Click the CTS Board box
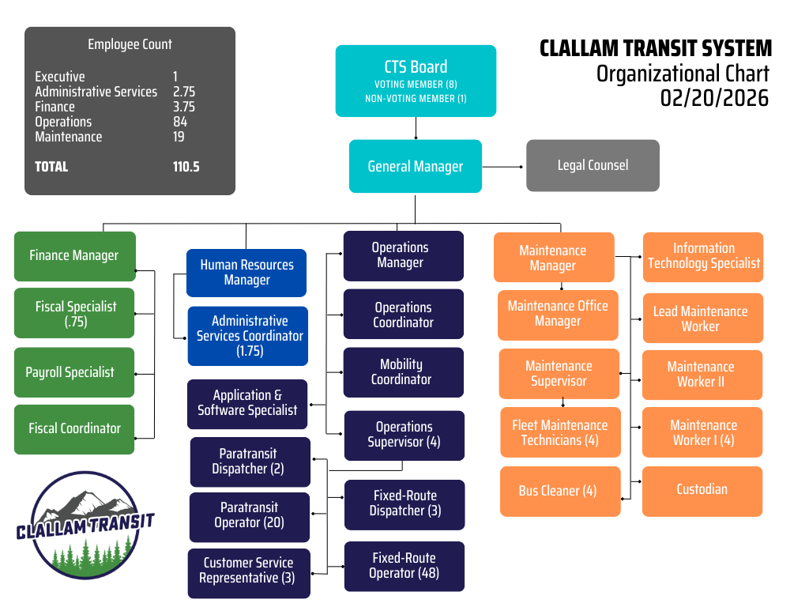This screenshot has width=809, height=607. click(x=416, y=81)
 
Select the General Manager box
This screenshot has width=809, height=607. click(x=416, y=166)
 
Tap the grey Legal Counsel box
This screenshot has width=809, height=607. click(x=593, y=165)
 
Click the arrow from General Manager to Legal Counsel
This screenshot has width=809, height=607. click(x=503, y=167)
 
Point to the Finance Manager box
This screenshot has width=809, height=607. click(x=75, y=255)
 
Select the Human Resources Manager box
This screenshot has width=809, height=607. click(x=246, y=273)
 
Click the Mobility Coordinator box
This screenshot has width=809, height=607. click(x=403, y=372)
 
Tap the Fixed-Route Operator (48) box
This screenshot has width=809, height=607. click(x=404, y=566)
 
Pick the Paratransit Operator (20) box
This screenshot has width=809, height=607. click(x=250, y=515)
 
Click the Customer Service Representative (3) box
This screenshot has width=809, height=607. click(x=248, y=571)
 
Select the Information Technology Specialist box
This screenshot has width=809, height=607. click(x=703, y=256)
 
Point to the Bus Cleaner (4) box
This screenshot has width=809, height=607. click(x=559, y=491)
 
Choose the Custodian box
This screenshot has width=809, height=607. click(x=702, y=490)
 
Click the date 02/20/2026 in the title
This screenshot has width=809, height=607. click(x=714, y=97)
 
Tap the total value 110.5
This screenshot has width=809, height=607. click(x=186, y=167)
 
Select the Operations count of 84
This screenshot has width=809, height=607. click(x=180, y=122)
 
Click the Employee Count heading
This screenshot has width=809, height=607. click(x=130, y=44)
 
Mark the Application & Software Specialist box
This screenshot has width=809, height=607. click(x=247, y=402)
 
